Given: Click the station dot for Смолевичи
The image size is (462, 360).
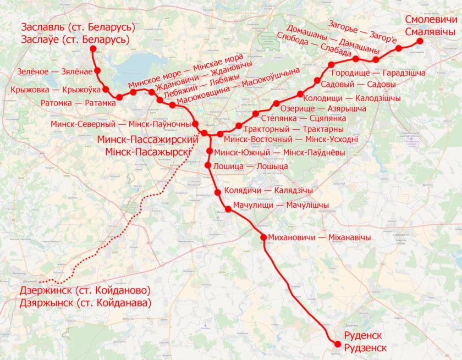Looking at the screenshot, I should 420,41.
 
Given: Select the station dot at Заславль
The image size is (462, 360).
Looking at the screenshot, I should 92,49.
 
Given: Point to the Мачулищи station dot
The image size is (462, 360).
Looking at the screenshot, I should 228,209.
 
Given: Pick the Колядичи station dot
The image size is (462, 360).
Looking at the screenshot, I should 218,192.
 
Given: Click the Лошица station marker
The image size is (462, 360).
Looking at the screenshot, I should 208,165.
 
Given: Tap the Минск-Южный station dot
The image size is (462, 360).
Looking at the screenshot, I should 210,151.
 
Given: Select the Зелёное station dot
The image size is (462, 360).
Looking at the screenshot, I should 97,70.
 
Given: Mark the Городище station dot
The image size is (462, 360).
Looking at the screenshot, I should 331,65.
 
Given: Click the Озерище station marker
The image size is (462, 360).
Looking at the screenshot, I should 276,104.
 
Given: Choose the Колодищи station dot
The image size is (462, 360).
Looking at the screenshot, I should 300,93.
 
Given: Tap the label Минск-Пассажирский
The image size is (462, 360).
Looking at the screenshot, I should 147,140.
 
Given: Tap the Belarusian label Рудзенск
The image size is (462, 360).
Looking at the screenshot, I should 365,348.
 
